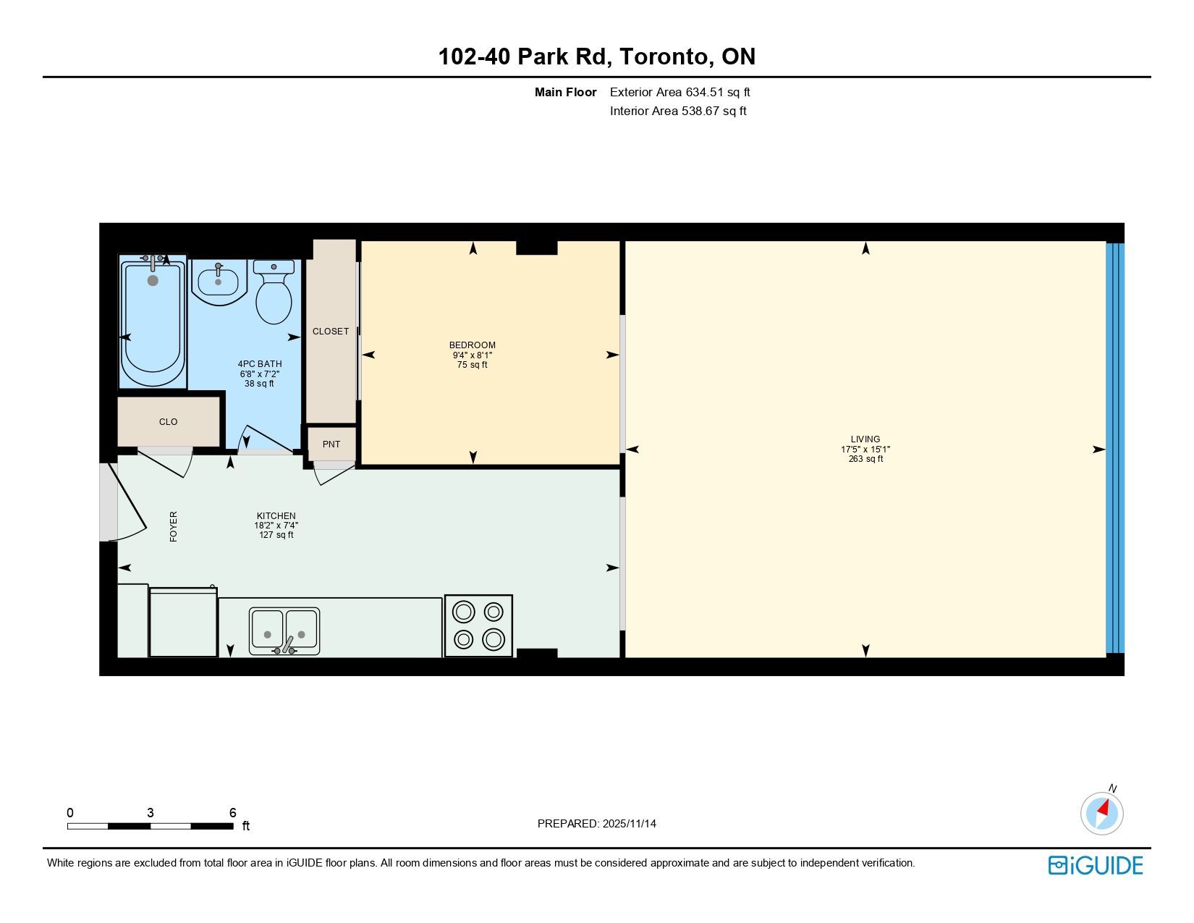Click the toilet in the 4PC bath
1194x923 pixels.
pyautogui.click(x=274, y=291)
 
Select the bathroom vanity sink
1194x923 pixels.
pyautogui.click(x=219, y=282)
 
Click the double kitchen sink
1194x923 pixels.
pyautogui.click(x=284, y=631)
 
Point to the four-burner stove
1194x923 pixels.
pyautogui.click(x=478, y=625)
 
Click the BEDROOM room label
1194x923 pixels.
pyautogui.click(x=472, y=345)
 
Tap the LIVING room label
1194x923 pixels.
pyautogui.click(x=865, y=439)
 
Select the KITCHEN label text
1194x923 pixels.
pyautogui.click(x=276, y=515)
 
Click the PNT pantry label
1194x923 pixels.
pyautogui.click(x=331, y=444)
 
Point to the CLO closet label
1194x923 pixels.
pyautogui.click(x=168, y=421)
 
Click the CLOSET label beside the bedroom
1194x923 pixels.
pyautogui.click(x=330, y=332)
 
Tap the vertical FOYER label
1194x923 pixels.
pyautogui.click(x=174, y=526)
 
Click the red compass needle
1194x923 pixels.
pyautogui.click(x=1103, y=808)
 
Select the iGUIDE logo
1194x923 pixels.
pyautogui.click(x=1095, y=865)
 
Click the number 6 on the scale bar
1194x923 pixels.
pyautogui.click(x=232, y=812)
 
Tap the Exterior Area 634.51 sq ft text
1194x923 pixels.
pyautogui.click(x=679, y=93)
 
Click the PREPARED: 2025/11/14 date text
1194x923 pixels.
pyautogui.click(x=597, y=824)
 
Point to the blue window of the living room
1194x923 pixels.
pyautogui.click(x=1115, y=448)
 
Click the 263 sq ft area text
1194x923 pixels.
pyautogui.click(x=865, y=458)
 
